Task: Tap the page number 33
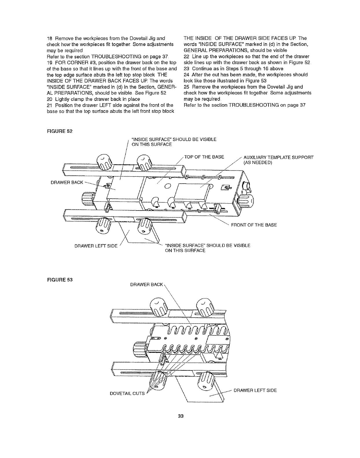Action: [181, 416]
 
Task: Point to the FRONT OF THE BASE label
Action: [254, 225]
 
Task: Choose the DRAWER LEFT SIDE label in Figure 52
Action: [96, 246]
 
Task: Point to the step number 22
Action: [186, 56]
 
